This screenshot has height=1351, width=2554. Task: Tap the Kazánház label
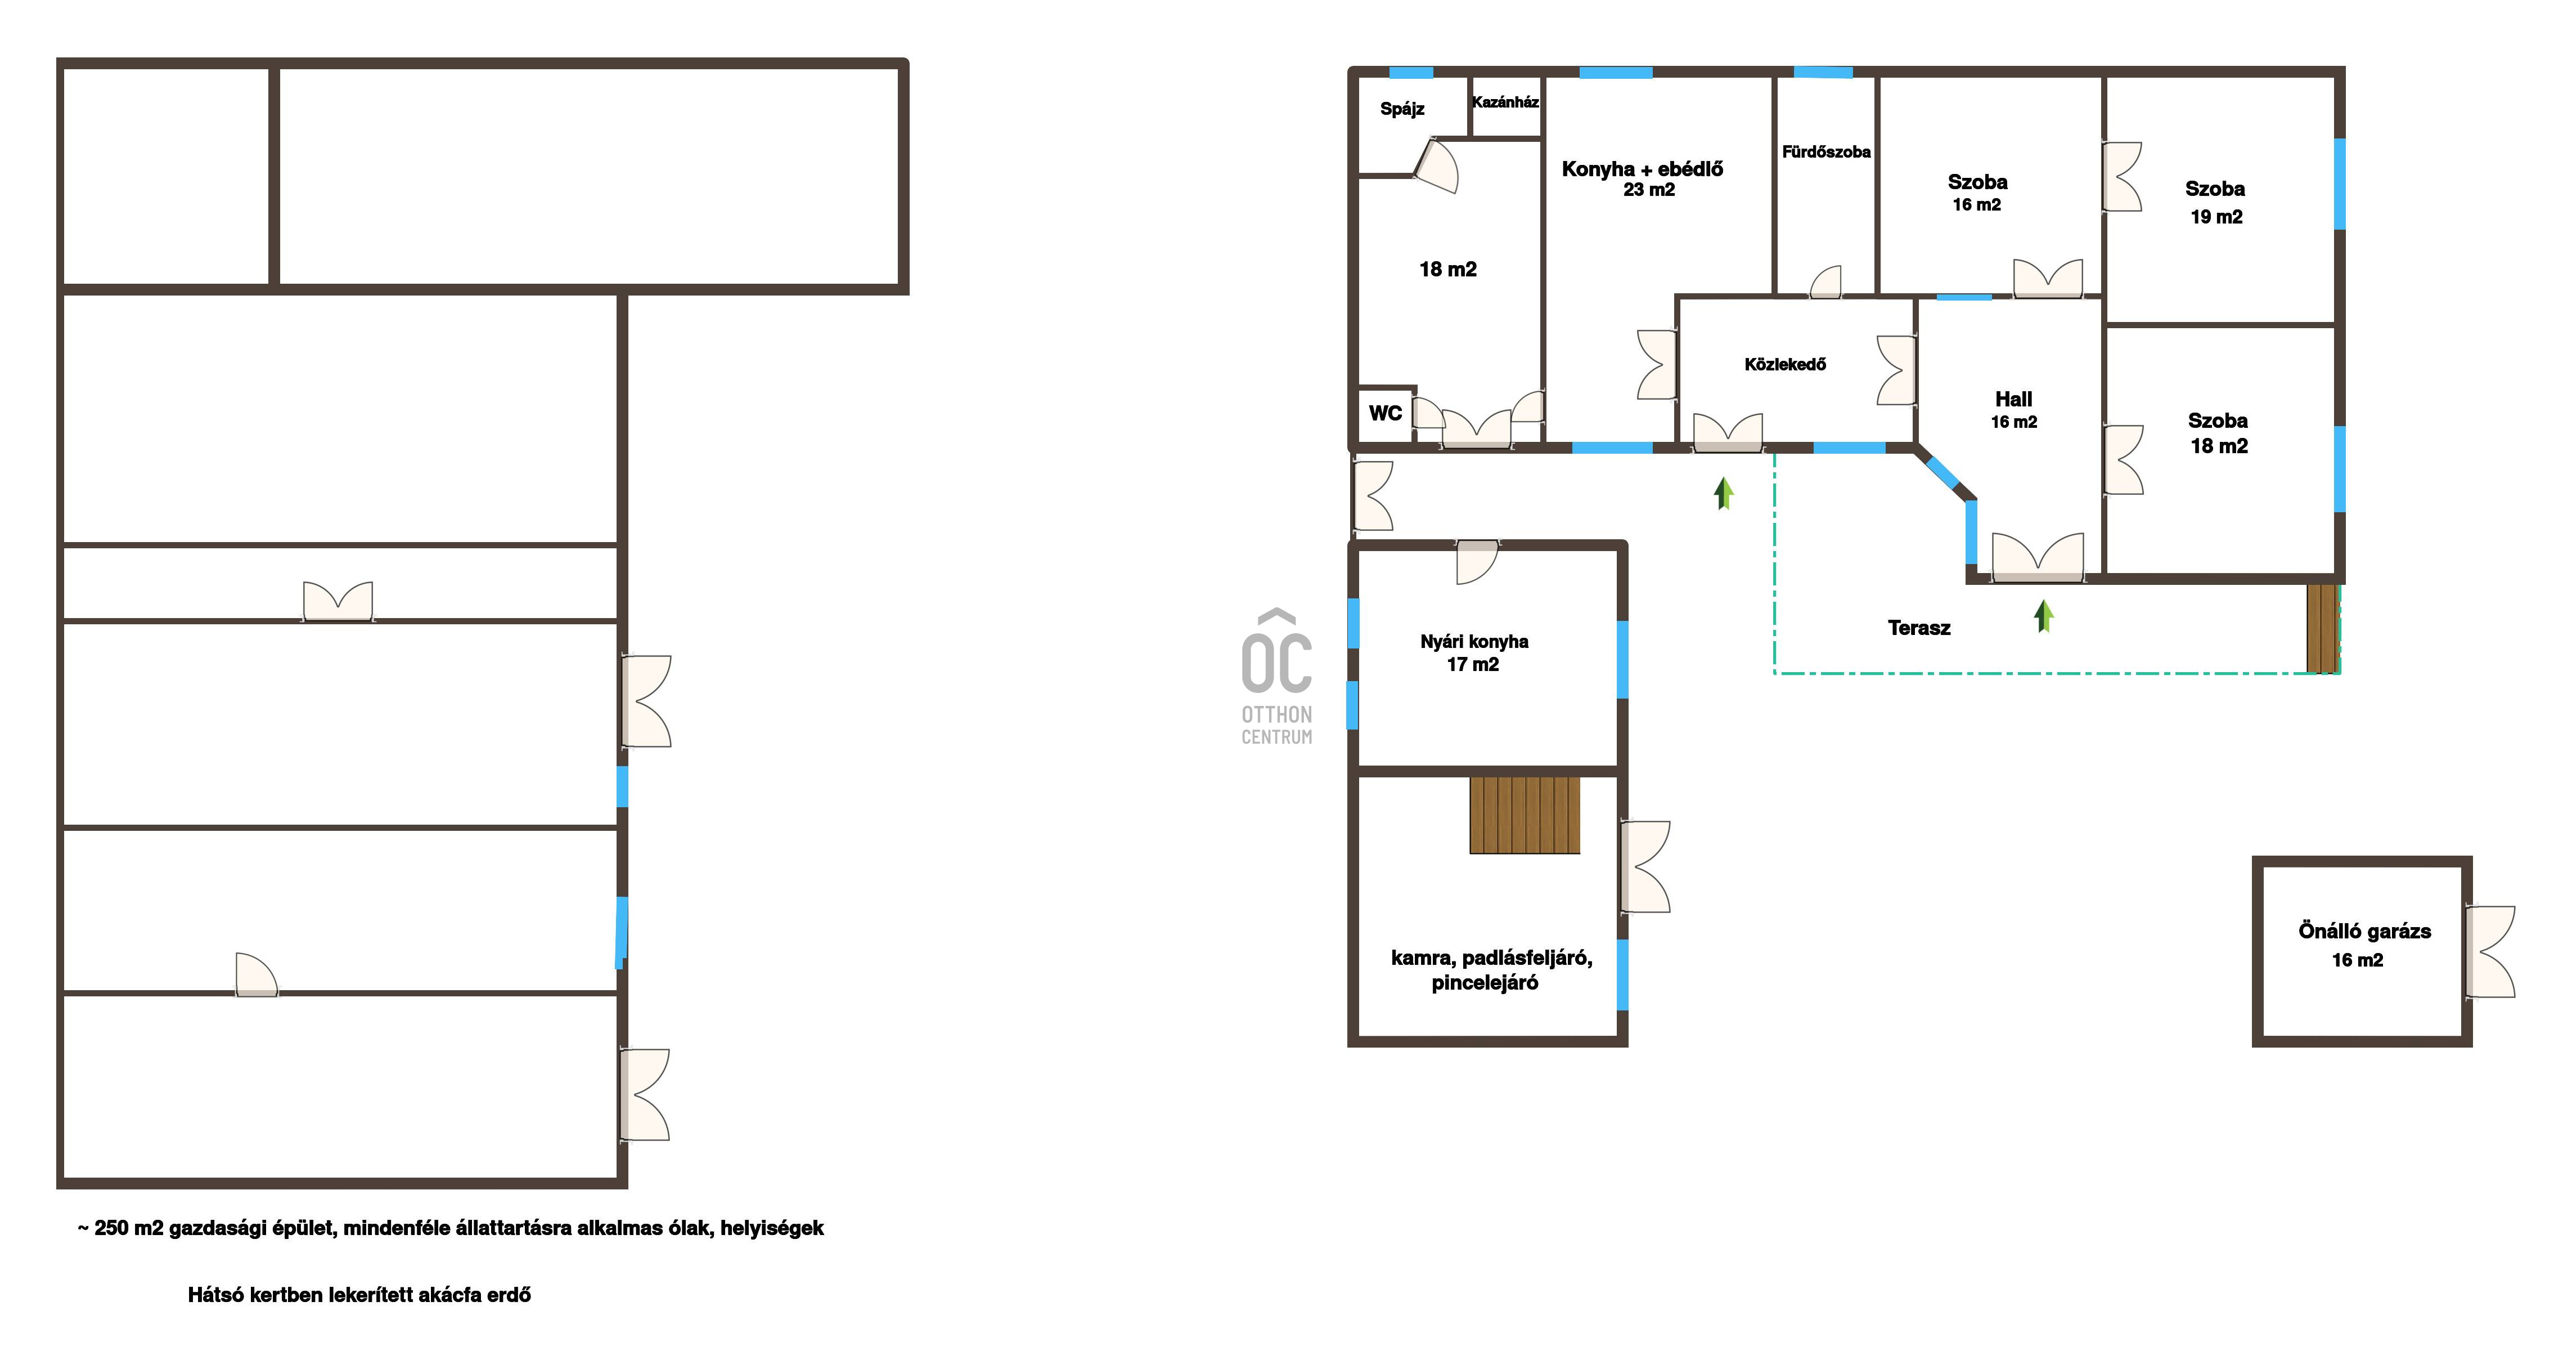[1505, 102]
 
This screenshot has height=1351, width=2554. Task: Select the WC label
[1385, 413]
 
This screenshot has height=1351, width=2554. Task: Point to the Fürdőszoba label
[1826, 152]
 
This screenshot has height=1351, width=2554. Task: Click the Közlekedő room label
[1784, 364]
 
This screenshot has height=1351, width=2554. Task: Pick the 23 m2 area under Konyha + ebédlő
[1649, 190]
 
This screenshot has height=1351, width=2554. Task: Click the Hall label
[2013, 399]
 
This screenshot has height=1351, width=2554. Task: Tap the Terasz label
[1918, 628]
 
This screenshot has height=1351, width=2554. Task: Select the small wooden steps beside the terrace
[2322, 628]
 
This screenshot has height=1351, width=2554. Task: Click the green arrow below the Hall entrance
[2043, 615]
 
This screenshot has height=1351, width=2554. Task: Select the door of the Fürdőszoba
[1825, 281]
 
